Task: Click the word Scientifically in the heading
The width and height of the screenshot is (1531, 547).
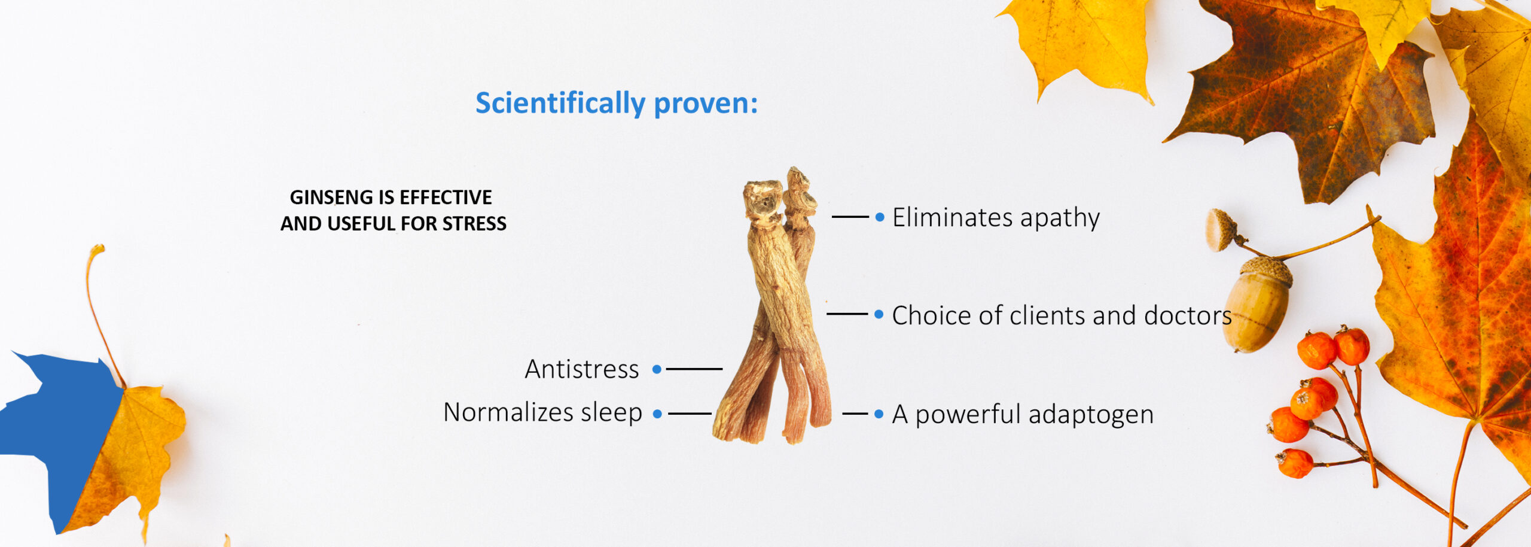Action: click(x=560, y=103)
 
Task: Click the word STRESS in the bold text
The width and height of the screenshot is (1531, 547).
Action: click(x=474, y=223)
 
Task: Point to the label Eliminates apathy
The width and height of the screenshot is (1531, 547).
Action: click(x=996, y=218)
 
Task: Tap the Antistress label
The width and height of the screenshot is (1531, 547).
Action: click(x=582, y=369)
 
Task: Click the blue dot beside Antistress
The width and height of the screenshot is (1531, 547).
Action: click(x=657, y=369)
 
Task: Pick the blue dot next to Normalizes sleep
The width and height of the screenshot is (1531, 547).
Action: click(x=657, y=414)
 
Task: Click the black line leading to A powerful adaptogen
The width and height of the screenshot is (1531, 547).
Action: click(x=855, y=414)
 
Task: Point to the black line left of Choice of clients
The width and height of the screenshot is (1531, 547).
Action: click(x=847, y=314)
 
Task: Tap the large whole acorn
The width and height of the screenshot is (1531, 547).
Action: click(x=1258, y=304)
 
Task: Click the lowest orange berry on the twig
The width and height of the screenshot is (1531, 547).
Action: click(x=1295, y=463)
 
